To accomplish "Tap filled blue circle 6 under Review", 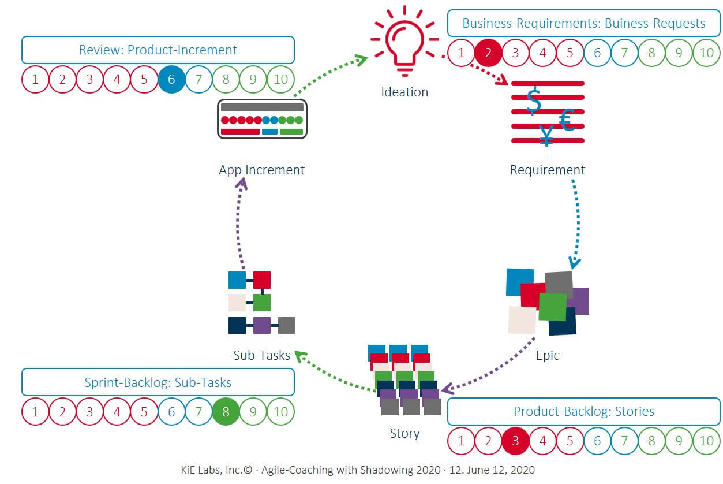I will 171,79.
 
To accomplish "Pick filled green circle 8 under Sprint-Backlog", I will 226,412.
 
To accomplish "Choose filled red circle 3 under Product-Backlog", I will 515,441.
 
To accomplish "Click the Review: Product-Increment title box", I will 158,50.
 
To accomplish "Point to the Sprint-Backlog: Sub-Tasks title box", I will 158,382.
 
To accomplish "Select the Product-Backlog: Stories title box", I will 583,412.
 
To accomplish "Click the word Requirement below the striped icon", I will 547,170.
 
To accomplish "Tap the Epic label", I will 547,355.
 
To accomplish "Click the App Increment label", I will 261,170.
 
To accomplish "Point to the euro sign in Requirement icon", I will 566,120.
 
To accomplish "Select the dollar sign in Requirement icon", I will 534,102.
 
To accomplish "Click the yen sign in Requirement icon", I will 546,136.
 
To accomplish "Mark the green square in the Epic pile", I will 552,307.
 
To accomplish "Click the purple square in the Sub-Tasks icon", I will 262,325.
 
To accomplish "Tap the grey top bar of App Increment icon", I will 262,107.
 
